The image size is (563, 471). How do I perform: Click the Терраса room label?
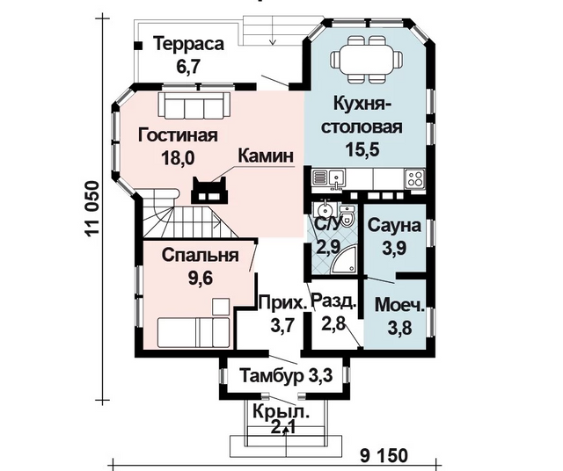(188, 44)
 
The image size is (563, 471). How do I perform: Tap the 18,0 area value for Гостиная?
(178, 157)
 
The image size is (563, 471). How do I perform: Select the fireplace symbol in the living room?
(209, 191)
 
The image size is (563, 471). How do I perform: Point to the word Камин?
(266, 156)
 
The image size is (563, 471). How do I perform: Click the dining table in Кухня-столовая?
(366, 57)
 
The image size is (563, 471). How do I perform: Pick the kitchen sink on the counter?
(336, 178)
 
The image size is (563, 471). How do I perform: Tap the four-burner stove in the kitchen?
(414, 178)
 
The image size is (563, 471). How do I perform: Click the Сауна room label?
(394, 226)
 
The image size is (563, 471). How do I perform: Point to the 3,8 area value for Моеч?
(399, 328)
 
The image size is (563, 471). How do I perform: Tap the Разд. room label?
(334, 301)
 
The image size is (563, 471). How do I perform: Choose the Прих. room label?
(283, 302)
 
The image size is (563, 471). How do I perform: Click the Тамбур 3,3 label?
(286, 375)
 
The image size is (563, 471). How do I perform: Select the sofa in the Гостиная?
(194, 105)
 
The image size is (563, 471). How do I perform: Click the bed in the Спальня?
(194, 332)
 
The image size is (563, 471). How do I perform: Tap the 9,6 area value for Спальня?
(201, 278)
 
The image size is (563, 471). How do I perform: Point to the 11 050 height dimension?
(91, 208)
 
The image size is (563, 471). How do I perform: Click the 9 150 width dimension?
(384, 456)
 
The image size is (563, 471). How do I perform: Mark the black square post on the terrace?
(138, 46)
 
